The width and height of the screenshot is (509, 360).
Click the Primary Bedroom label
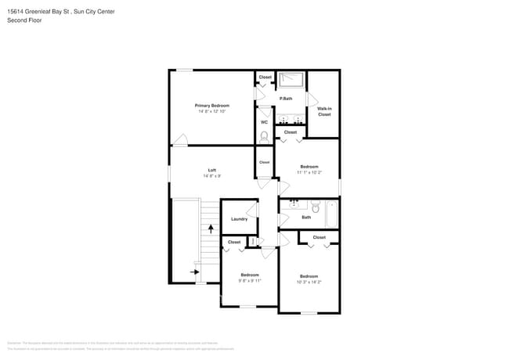[x=211, y=105]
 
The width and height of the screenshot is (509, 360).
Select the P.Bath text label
[x=287, y=99]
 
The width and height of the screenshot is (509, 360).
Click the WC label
[x=264, y=122]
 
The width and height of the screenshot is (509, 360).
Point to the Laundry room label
[x=239, y=219]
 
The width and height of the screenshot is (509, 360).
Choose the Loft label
[x=211, y=170]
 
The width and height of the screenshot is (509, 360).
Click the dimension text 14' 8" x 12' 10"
[x=211, y=112]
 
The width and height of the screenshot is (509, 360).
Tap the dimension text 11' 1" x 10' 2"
[x=309, y=173]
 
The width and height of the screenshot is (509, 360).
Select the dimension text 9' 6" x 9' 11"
[x=250, y=281]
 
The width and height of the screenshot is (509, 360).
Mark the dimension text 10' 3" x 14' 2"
[x=309, y=282]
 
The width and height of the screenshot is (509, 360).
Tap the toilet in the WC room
[x=264, y=136]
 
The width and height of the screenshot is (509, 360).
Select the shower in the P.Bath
[x=291, y=80]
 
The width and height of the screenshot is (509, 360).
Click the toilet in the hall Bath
[x=315, y=207]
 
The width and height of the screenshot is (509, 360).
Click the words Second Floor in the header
[x=24, y=20]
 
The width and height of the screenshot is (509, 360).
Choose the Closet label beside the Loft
[x=264, y=162]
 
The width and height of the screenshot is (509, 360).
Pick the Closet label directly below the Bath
[x=319, y=237]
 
